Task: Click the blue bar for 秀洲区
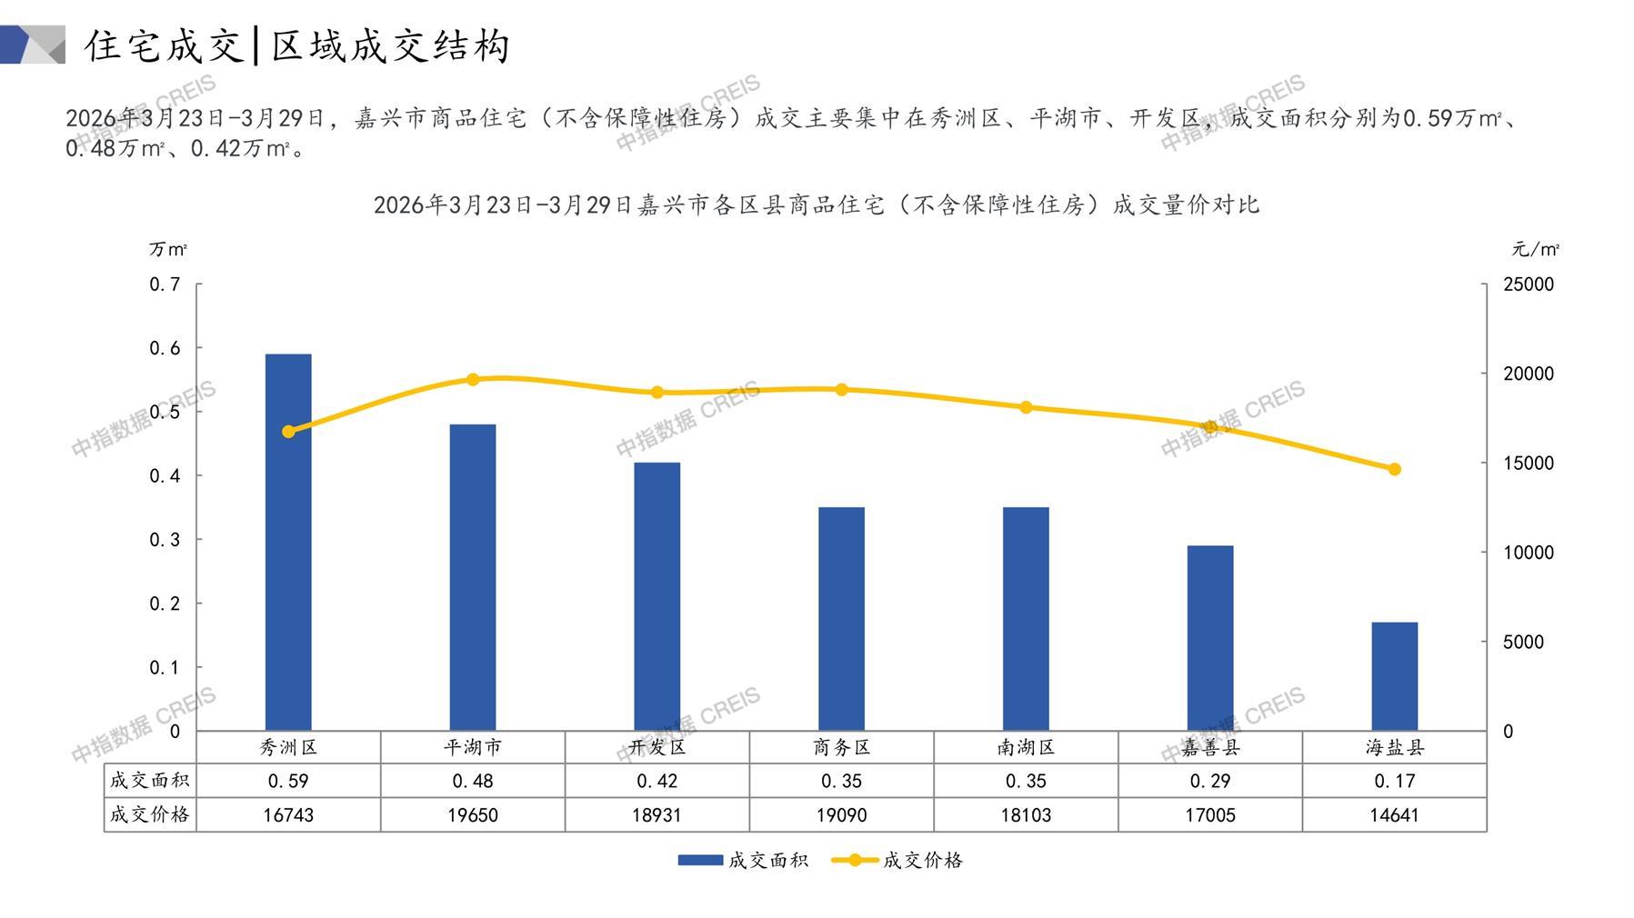tap(288, 542)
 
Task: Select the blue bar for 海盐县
tap(1394, 676)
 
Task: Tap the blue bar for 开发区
tap(657, 596)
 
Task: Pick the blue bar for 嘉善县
tap(1209, 638)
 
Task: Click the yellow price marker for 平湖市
tap(473, 379)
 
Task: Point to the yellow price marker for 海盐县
tap(1394, 469)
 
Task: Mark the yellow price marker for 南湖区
tap(1026, 407)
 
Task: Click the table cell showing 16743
tap(288, 815)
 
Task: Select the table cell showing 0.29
tap(1209, 781)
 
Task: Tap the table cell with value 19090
tap(841, 815)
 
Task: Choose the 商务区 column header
tap(841, 747)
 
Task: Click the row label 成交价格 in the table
tap(150, 814)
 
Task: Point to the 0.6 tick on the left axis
tap(165, 348)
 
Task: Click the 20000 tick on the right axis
tap(1528, 374)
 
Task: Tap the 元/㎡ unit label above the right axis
tap(1535, 249)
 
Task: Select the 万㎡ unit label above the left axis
tap(168, 249)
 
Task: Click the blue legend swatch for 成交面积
tap(700, 860)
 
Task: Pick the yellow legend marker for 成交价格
tap(855, 860)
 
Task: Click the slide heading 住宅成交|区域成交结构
tap(296, 45)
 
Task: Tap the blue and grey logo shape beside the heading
tap(33, 45)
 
